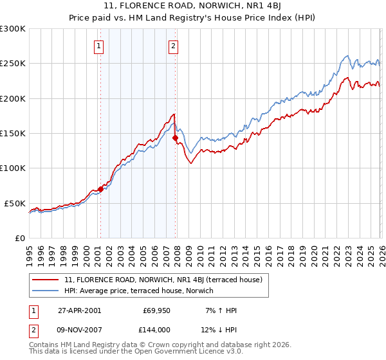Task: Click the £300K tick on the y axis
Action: [13, 29]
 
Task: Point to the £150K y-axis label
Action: [13, 134]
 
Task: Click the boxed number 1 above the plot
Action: [100, 46]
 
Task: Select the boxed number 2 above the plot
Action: [174, 46]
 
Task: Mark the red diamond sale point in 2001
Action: [101, 190]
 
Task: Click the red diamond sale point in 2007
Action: [176, 138]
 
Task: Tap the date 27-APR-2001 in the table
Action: [79, 310]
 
